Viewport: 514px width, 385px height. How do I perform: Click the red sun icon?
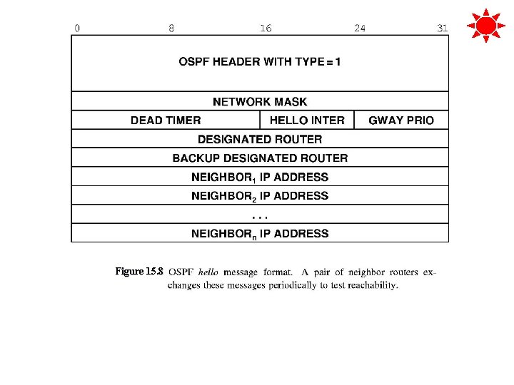point(485,26)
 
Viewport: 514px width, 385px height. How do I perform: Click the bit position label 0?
point(77,29)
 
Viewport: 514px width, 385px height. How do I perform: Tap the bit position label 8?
point(171,29)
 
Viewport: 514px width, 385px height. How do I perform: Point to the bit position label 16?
point(266,29)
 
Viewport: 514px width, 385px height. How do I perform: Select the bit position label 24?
point(360,29)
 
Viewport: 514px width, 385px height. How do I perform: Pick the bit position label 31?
point(443,29)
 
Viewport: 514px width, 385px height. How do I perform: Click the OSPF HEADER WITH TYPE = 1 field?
point(260,62)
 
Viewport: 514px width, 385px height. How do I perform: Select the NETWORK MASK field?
point(260,102)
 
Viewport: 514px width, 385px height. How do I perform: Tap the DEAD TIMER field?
point(166,120)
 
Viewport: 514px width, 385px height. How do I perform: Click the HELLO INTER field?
point(307,120)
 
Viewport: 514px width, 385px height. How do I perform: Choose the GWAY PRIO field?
point(401,120)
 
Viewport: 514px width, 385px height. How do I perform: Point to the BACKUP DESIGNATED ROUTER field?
point(260,158)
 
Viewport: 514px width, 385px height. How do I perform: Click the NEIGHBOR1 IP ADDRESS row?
point(260,177)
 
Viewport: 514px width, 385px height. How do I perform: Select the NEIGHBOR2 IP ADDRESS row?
point(260,195)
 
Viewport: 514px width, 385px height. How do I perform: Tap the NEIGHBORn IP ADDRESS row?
point(260,233)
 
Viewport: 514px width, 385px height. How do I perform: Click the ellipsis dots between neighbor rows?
point(260,214)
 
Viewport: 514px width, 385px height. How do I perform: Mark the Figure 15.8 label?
point(139,272)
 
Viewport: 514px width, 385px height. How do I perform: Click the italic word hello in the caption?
point(208,272)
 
